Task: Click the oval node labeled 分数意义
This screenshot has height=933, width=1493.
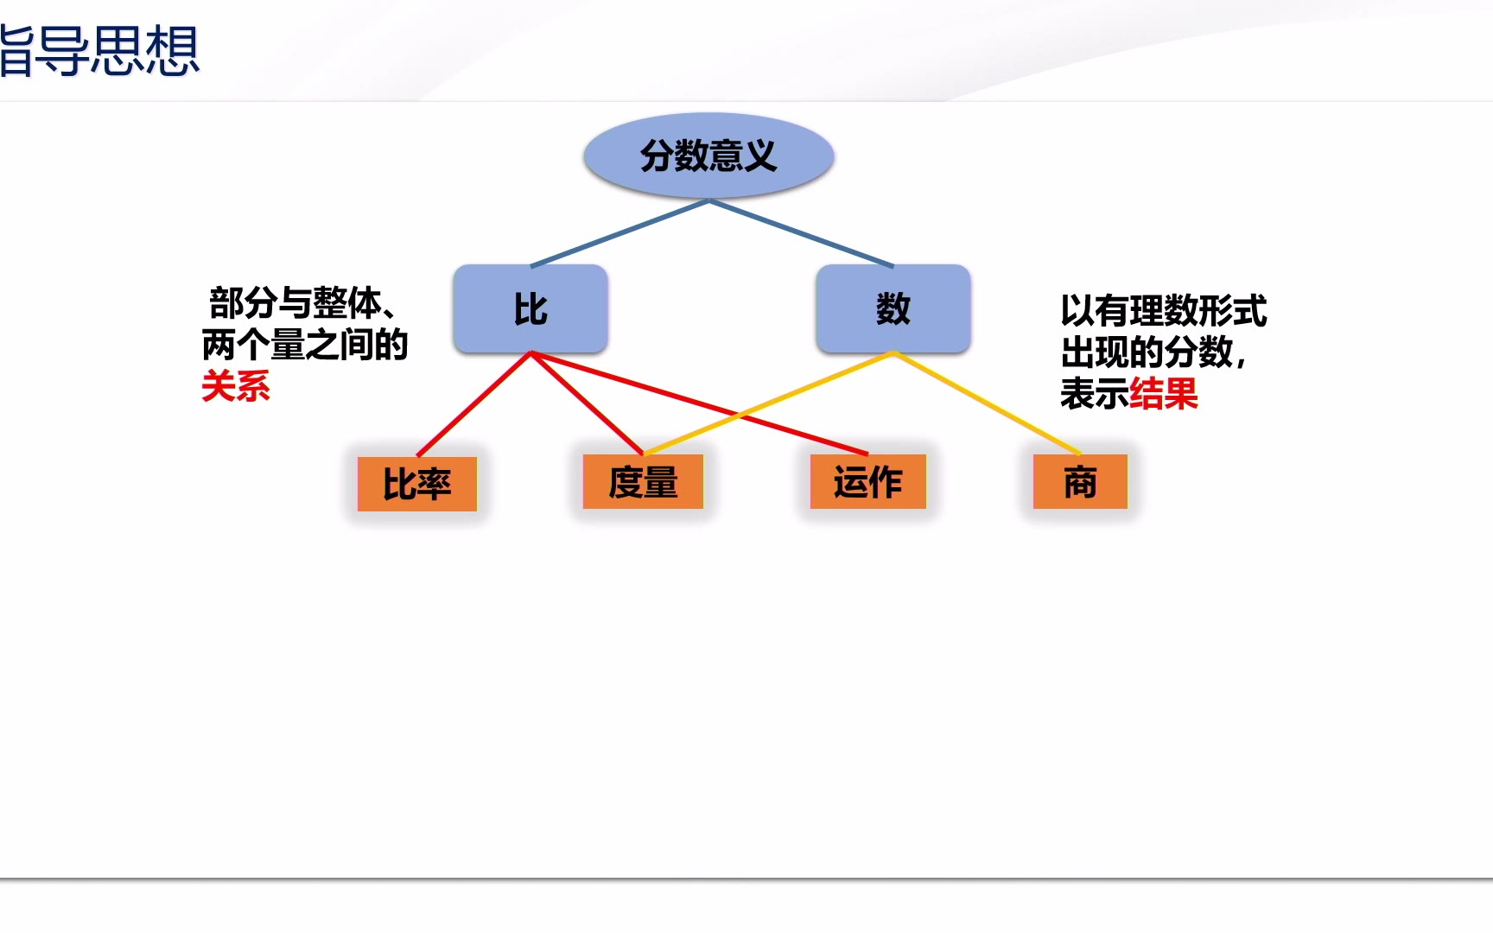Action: click(x=708, y=155)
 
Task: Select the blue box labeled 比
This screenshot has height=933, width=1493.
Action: click(x=530, y=308)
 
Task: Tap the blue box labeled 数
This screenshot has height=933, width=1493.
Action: click(x=893, y=308)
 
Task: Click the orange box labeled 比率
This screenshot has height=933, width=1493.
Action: click(x=417, y=484)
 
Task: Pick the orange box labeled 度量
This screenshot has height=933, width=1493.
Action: click(x=643, y=481)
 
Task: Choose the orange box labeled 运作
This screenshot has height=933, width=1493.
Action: click(x=867, y=481)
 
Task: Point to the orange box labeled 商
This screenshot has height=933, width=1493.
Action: click(x=1080, y=481)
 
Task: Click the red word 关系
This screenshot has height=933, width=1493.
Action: click(x=236, y=386)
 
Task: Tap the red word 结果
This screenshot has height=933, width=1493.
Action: click(x=1164, y=394)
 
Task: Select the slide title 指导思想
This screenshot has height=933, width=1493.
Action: click(x=99, y=51)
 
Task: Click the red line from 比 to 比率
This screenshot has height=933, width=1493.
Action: click(x=474, y=403)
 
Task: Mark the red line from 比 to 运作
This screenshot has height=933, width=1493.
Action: click(x=699, y=403)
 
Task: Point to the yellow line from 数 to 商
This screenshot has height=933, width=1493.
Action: click(x=988, y=403)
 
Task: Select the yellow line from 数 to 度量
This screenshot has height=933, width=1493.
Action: click(x=768, y=403)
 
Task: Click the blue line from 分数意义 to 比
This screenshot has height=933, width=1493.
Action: click(x=619, y=233)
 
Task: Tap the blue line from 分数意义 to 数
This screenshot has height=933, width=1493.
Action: click(x=802, y=233)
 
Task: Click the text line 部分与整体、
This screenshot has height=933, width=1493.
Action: click(x=303, y=303)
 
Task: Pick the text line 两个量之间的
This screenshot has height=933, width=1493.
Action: click(x=305, y=345)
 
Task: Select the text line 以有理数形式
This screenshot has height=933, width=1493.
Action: click(x=1164, y=311)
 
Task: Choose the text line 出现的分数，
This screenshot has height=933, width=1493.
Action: click(x=1153, y=352)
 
